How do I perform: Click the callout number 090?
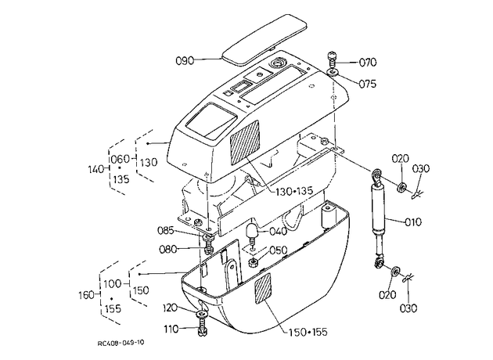coord(185,60)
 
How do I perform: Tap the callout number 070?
coord(368,63)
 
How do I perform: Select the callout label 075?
coord(367,84)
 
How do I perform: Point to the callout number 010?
coord(413,222)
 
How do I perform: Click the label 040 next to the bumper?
coord(278,232)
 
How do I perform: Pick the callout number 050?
coord(279,250)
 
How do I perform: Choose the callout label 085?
coord(166,230)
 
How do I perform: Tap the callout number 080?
coord(168,250)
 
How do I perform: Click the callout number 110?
coord(171,329)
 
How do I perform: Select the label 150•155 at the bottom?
coord(308,332)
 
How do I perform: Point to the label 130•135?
coord(294,190)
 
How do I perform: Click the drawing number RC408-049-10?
coord(121,343)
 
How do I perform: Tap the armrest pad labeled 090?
coord(264,39)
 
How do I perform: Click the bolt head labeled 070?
coord(333,57)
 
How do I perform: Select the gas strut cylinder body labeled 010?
coord(378,208)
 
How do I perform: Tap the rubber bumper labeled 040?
coord(253,232)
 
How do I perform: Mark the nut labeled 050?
coord(254,262)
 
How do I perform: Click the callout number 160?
coord(86,295)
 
